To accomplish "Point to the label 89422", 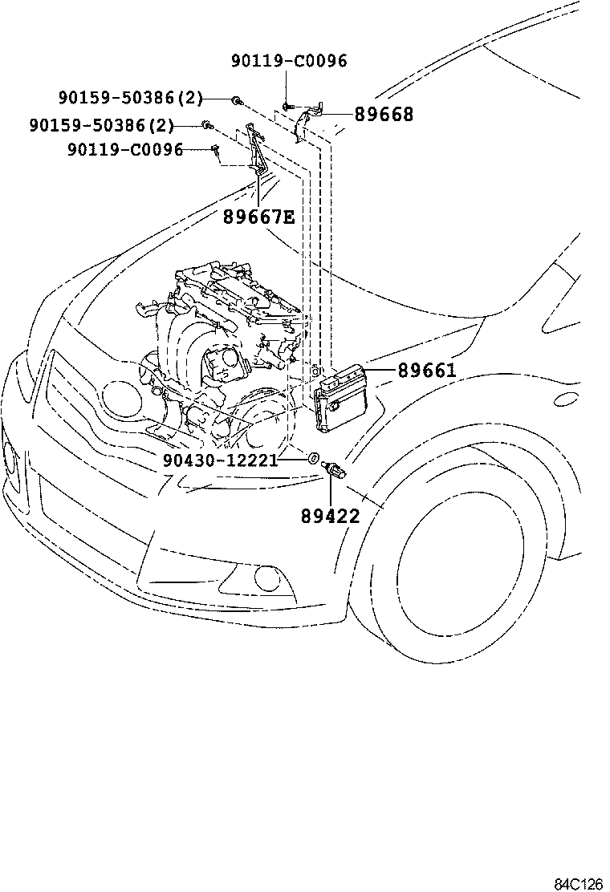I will (x=331, y=516).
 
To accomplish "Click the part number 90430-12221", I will (x=219, y=460).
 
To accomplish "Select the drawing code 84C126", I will (x=578, y=883).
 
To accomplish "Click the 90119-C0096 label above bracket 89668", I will (x=289, y=60).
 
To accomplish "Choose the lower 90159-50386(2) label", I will (x=102, y=125).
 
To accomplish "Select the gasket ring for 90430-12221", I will (x=310, y=460).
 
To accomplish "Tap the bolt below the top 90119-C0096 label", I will (x=287, y=105).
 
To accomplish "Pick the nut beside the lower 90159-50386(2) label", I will (x=207, y=125).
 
